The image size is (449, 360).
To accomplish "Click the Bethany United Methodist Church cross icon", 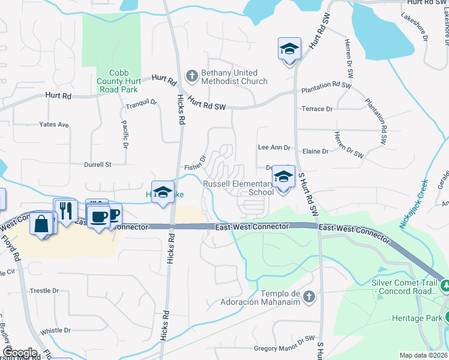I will [x=192, y=76].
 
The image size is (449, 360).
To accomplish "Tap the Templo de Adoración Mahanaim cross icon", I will [x=309, y=296].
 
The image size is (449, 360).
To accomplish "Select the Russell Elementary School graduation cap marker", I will [x=283, y=177].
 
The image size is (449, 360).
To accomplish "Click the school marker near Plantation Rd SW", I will [x=289, y=49].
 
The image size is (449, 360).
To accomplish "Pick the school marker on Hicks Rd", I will [x=163, y=193].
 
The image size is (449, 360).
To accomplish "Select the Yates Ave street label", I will [x=54, y=125].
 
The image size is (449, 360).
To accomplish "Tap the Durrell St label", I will [x=97, y=164].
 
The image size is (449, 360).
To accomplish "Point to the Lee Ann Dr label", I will [x=274, y=147].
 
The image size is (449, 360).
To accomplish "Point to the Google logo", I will [x=19, y=352].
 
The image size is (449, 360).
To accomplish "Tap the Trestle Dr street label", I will [x=44, y=291].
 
